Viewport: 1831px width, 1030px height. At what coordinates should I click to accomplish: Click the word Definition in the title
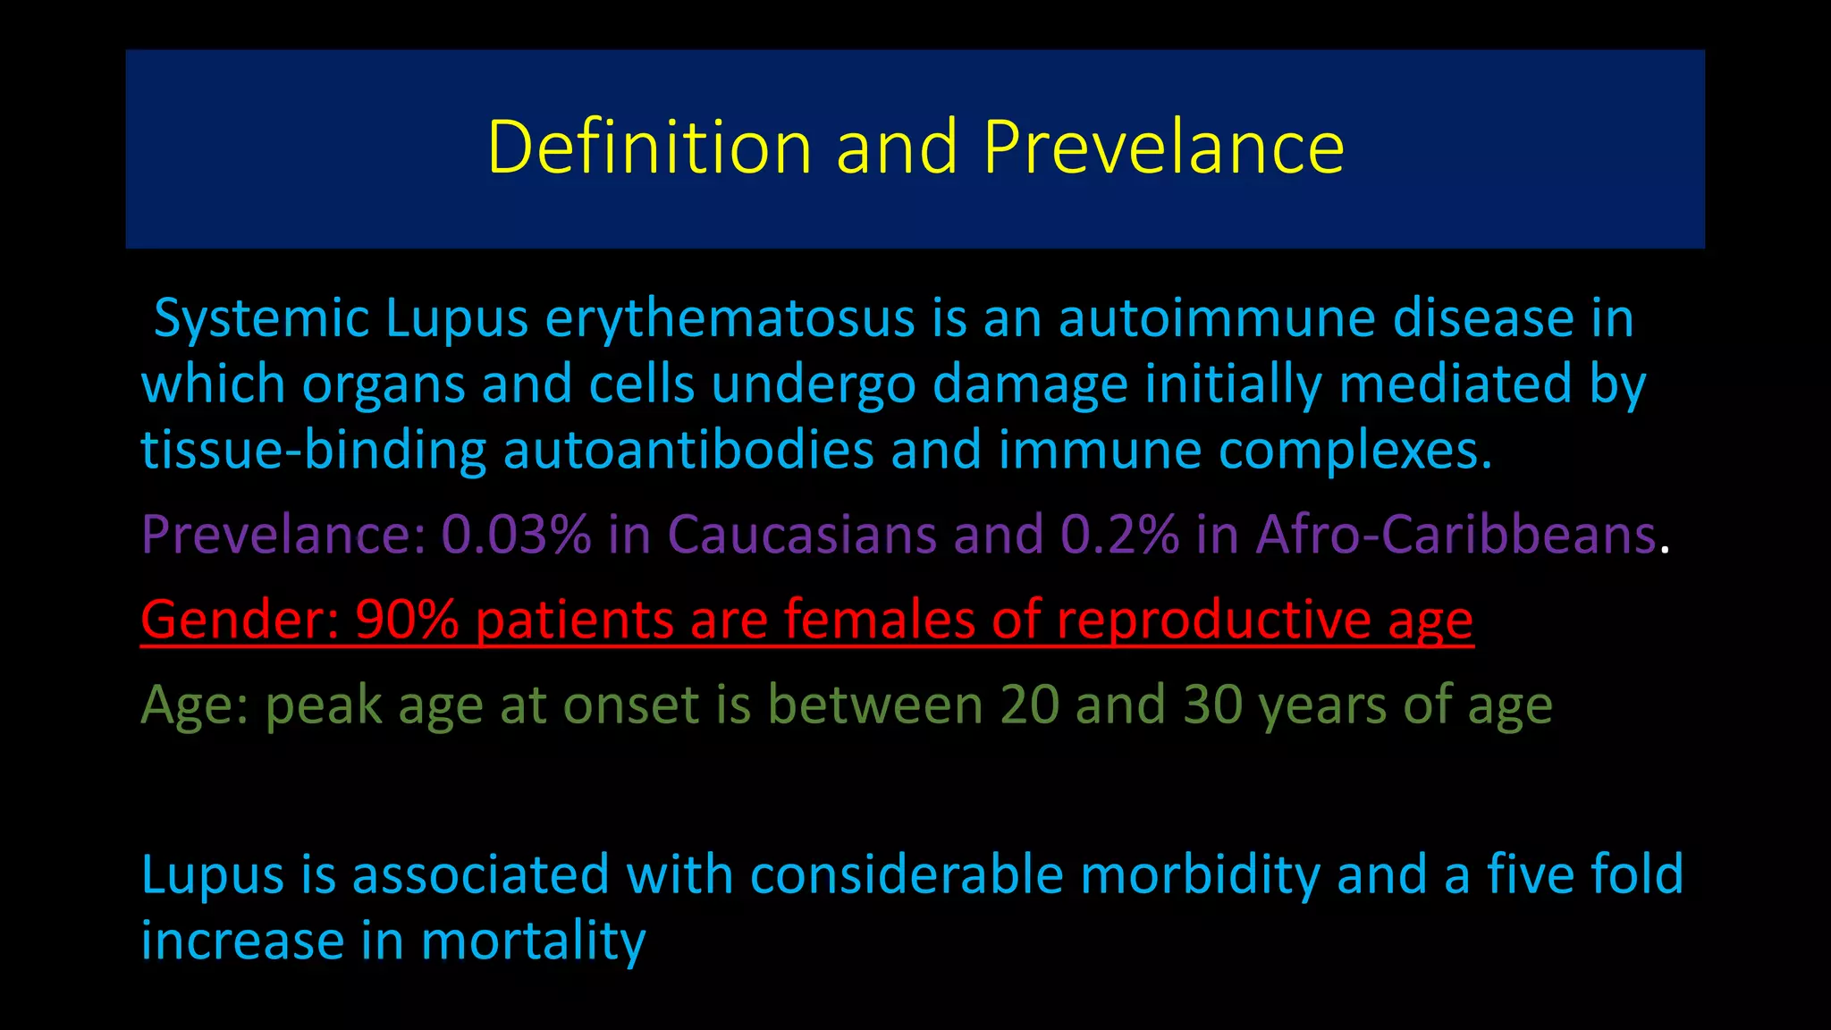(x=649, y=147)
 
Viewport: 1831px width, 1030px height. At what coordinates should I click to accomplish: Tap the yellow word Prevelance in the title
(x=1162, y=147)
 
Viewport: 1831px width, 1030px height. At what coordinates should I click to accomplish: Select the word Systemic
(x=261, y=318)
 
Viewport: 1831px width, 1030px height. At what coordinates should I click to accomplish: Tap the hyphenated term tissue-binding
(x=313, y=450)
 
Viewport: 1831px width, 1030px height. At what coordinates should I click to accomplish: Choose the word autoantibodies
(x=688, y=450)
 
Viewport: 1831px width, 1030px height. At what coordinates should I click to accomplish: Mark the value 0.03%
(x=516, y=535)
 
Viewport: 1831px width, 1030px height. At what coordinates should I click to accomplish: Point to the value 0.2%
(x=1119, y=535)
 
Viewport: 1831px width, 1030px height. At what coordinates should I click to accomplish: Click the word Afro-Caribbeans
(x=1456, y=535)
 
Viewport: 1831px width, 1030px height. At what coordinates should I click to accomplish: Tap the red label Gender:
(x=239, y=619)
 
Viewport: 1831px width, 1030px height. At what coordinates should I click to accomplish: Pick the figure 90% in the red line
(x=406, y=619)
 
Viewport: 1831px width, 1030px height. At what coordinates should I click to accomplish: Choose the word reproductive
(x=1213, y=619)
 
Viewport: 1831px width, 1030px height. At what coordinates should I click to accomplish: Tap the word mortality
(x=533, y=941)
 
